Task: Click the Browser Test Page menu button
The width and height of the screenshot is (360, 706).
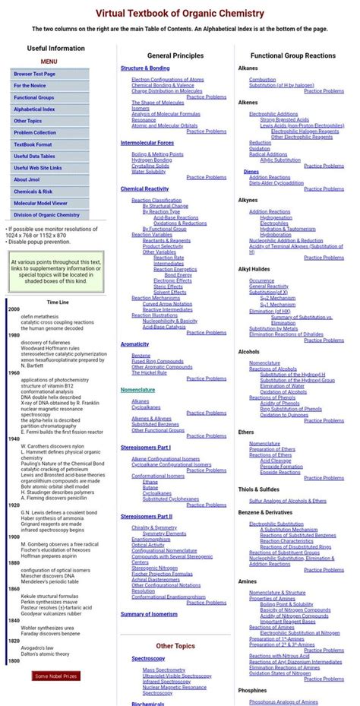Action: (34, 74)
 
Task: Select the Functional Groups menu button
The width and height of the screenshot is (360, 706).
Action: (33, 97)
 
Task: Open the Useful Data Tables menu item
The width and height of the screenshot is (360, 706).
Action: (35, 156)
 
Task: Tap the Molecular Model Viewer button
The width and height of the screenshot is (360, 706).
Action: (39, 203)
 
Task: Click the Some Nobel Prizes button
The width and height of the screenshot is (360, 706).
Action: (55, 676)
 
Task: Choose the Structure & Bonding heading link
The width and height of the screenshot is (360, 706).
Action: (145, 68)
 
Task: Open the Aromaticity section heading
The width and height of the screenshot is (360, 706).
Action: (134, 344)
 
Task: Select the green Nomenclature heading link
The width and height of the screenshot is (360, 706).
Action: (137, 390)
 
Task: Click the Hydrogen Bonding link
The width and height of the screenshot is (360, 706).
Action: (152, 160)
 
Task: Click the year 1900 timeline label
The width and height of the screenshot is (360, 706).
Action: (14, 537)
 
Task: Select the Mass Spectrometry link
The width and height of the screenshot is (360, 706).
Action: (165, 670)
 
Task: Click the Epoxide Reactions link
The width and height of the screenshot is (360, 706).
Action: (280, 472)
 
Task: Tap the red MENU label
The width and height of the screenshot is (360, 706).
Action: (49, 62)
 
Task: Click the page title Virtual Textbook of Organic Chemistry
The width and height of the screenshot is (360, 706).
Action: (180, 13)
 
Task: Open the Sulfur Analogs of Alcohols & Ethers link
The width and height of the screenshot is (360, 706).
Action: (288, 501)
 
